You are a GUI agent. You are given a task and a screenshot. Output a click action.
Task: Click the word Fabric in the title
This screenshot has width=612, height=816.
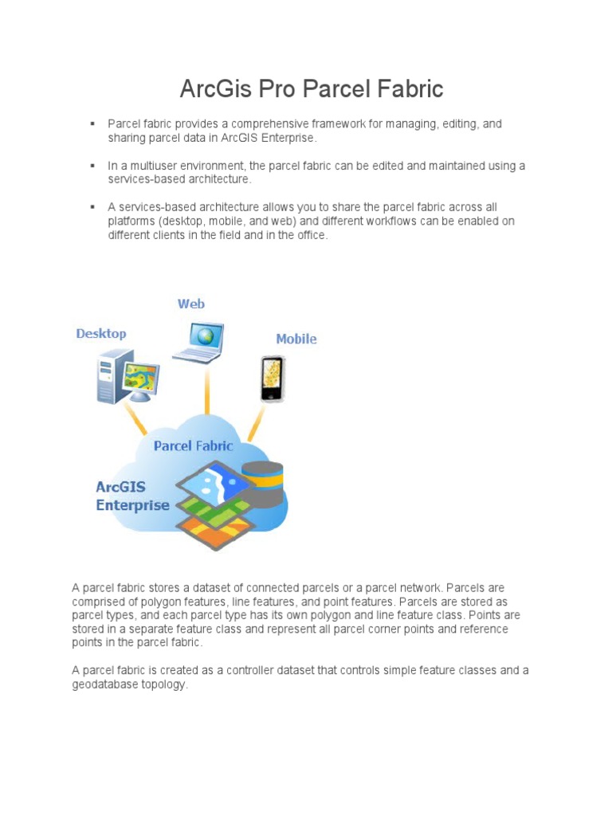click(406, 89)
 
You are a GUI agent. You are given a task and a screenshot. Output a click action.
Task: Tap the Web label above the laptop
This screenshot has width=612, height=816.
click(191, 304)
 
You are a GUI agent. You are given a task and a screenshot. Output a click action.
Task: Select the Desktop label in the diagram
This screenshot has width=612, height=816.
click(101, 334)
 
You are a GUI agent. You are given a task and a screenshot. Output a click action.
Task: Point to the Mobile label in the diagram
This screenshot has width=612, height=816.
click(296, 339)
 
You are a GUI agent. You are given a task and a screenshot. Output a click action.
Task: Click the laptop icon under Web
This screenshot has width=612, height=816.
click(199, 343)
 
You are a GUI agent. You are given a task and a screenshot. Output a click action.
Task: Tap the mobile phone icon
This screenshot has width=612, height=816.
click(272, 379)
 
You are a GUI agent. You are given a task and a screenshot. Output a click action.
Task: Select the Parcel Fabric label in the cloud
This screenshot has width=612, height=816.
click(193, 445)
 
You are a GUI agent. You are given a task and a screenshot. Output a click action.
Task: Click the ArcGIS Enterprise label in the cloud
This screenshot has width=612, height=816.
click(132, 496)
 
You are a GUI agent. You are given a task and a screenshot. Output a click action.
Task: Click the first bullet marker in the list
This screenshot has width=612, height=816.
click(92, 124)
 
